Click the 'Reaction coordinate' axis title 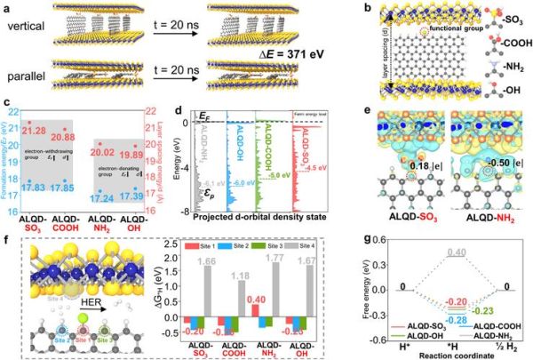pyautogui.click(x=460, y=353)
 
